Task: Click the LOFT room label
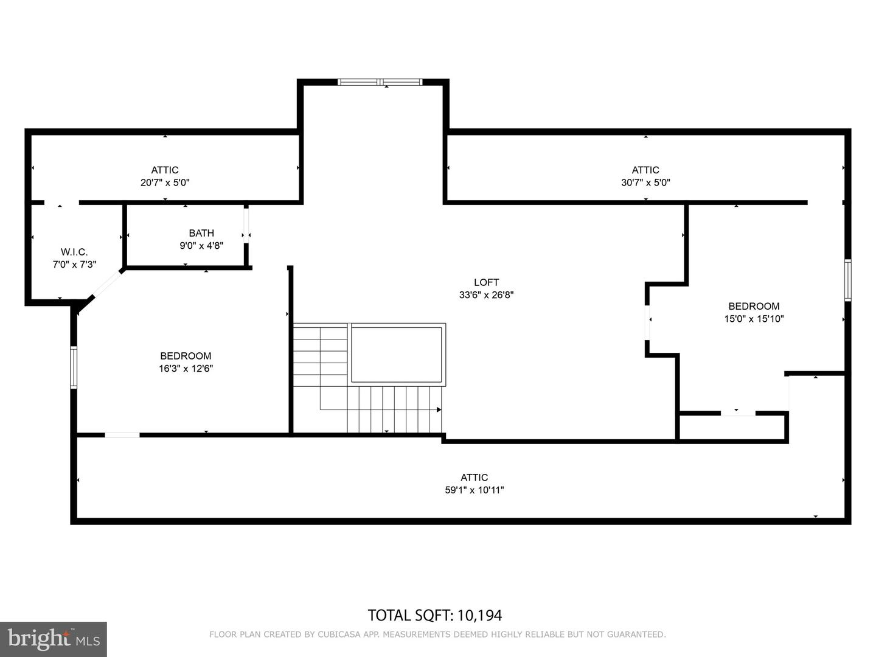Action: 486,282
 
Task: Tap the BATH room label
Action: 201,233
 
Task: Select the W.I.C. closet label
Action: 74,252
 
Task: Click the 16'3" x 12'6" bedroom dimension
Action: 186,369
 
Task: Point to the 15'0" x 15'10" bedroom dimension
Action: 754,319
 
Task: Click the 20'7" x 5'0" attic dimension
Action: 165,182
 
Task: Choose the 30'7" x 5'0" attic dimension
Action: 645,182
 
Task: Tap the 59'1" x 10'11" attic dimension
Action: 474,490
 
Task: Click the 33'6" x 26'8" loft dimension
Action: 486,295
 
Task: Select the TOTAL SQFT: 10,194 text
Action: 435,615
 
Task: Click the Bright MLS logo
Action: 54,639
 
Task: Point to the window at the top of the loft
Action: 380,82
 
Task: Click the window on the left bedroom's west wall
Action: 74,367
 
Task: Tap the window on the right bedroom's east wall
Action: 847,280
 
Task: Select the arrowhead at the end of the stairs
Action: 439,409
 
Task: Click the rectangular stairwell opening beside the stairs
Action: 397,354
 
